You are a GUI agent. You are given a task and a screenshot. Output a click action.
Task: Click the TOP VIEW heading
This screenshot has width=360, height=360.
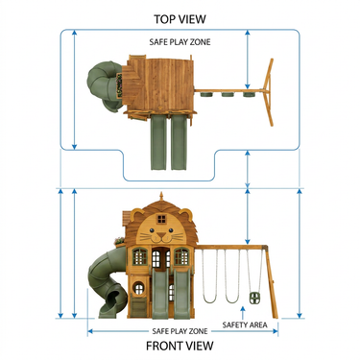point(180,19)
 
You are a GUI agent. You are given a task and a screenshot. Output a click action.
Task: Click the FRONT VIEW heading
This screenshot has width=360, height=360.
point(180,346)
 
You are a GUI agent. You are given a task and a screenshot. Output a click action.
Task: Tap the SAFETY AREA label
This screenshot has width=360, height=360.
point(245,325)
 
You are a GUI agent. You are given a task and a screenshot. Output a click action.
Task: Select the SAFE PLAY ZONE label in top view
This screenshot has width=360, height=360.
point(180,42)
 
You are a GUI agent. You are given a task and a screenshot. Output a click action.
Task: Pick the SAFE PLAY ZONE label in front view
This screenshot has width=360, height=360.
point(180,331)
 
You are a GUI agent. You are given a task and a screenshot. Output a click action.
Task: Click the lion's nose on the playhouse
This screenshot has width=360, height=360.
point(161,235)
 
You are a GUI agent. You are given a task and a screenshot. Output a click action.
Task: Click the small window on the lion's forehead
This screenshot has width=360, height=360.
point(161,219)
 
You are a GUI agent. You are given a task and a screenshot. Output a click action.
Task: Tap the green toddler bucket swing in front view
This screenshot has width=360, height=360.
point(254,298)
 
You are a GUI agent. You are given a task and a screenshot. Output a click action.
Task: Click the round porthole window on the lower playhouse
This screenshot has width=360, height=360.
point(138,288)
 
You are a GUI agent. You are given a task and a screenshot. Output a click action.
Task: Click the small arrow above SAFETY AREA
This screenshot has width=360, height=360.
point(243,313)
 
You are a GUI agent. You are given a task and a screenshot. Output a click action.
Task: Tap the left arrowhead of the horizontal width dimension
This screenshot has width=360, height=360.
point(90,331)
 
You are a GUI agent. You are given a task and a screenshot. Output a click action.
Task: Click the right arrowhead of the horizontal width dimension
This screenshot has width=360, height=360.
point(276,331)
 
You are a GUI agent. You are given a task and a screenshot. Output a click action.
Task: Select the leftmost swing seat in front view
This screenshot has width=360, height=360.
point(209,300)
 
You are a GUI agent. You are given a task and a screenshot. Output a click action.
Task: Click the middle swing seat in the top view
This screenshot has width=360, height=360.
point(228,95)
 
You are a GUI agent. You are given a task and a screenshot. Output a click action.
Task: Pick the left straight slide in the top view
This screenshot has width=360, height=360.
point(158,142)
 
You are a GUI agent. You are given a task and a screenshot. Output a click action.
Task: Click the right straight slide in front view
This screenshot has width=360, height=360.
point(181,295)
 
